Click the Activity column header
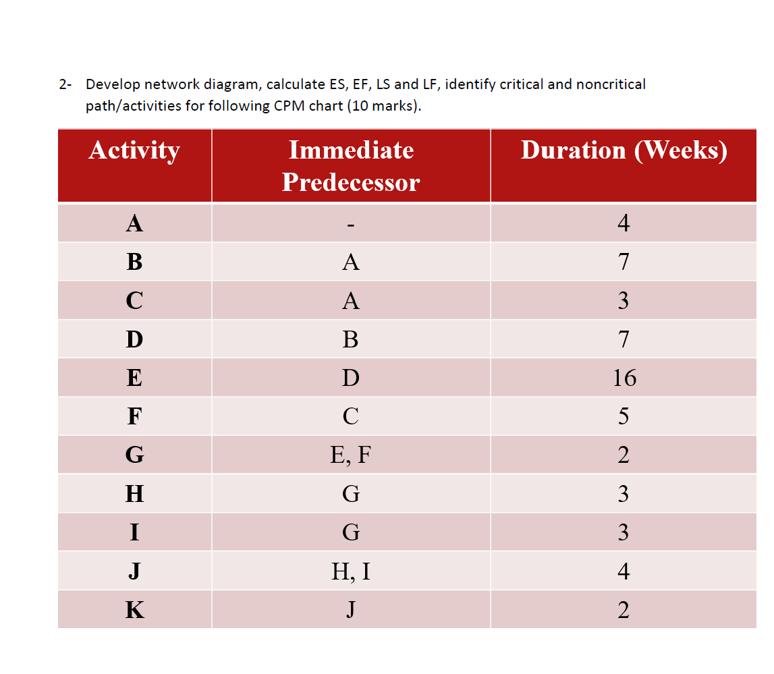pyautogui.click(x=134, y=150)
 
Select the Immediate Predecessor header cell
pyautogui.click(x=351, y=166)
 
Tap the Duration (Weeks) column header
pyautogui.click(x=624, y=150)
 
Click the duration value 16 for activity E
pyautogui.click(x=624, y=378)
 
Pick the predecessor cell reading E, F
pyautogui.click(x=351, y=455)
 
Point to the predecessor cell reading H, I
pyautogui.click(x=351, y=572)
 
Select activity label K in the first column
pyautogui.click(x=134, y=611)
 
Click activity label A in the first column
pyautogui.click(x=134, y=223)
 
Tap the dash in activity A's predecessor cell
pyautogui.click(x=351, y=224)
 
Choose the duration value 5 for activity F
pyautogui.click(x=624, y=416)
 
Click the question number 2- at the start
pyautogui.click(x=65, y=85)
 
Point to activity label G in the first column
pyautogui.click(x=134, y=455)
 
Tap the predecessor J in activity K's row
pyautogui.click(x=351, y=611)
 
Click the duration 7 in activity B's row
pyautogui.click(x=624, y=262)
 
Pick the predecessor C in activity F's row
pyautogui.click(x=351, y=416)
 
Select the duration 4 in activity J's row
pyautogui.click(x=624, y=572)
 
